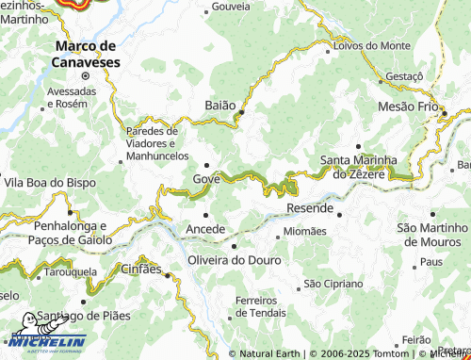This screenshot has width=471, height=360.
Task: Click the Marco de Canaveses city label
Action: (x=85, y=53)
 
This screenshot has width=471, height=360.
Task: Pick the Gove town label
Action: (x=206, y=179)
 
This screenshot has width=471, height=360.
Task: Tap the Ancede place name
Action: (x=206, y=229)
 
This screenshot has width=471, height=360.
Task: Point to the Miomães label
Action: (x=304, y=232)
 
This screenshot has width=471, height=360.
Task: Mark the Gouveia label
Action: (x=232, y=6)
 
